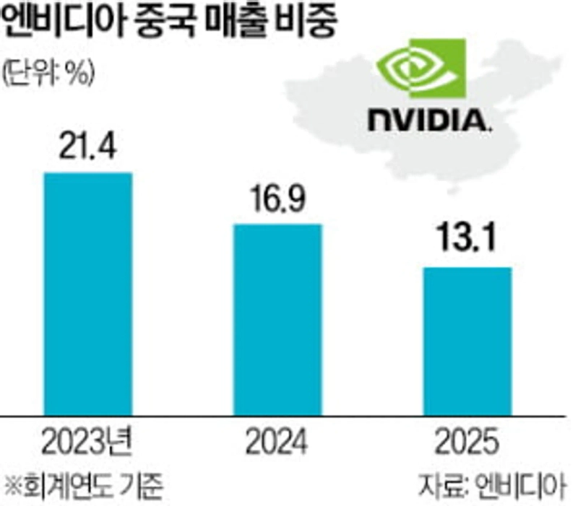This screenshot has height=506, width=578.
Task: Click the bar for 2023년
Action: pyautogui.click(x=88, y=294)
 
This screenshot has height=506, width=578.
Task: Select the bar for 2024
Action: pyautogui.click(x=277, y=319)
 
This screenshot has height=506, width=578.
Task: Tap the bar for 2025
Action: pyautogui.click(x=466, y=341)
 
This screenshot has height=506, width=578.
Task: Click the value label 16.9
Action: pyautogui.click(x=277, y=201)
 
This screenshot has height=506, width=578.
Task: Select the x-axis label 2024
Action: pyautogui.click(x=277, y=442)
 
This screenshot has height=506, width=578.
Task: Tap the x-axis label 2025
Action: pyautogui.click(x=466, y=442)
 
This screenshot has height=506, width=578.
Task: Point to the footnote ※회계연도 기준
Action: pyautogui.click(x=81, y=484)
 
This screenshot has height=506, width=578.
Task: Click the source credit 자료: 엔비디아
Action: pyautogui.click(x=493, y=484)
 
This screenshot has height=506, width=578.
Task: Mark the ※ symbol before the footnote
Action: pyautogui.click(x=12, y=484)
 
